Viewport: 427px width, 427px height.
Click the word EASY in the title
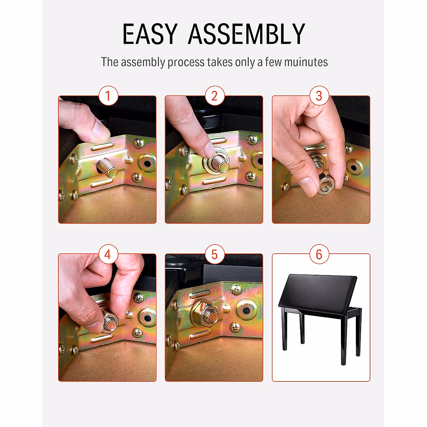pyautogui.click(x=149, y=34)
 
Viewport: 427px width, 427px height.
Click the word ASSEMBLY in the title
pyautogui.click(x=246, y=34)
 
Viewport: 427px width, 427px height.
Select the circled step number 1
pyautogui.click(x=107, y=96)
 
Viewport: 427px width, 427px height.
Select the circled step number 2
pyautogui.click(x=214, y=96)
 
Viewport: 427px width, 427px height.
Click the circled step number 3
pyautogui.click(x=319, y=96)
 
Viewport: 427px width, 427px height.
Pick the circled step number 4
pyautogui.click(x=107, y=254)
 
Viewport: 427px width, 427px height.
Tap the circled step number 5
pyautogui.click(x=214, y=254)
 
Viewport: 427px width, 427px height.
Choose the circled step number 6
pyautogui.click(x=319, y=254)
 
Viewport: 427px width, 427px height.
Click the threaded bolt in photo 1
pyautogui.click(x=107, y=168)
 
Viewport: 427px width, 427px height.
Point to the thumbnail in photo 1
pyautogui.click(x=101, y=134)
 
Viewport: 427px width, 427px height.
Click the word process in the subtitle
pyautogui.click(x=186, y=62)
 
